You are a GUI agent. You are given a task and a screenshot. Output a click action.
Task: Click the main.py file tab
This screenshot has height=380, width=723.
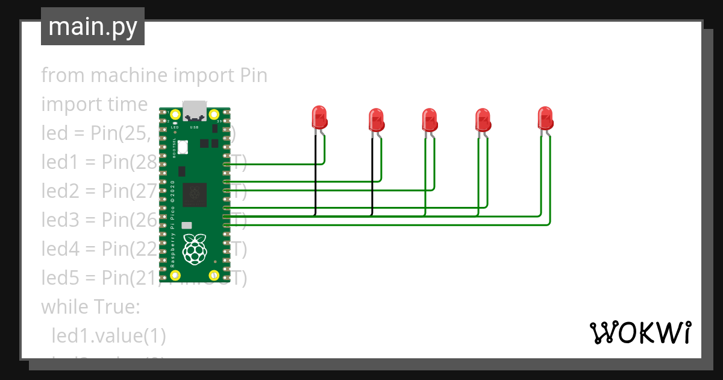(x=93, y=27)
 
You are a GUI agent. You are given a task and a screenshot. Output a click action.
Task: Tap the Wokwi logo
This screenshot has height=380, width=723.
(x=639, y=332)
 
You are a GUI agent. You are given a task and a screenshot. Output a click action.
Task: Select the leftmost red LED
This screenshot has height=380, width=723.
(x=318, y=117)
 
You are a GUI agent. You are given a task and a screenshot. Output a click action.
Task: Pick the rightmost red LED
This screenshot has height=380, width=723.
(x=545, y=118)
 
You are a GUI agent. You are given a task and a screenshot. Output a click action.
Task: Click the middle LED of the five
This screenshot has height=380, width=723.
(x=429, y=119)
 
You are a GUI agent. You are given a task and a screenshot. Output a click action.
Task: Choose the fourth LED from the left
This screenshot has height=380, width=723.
(x=483, y=119)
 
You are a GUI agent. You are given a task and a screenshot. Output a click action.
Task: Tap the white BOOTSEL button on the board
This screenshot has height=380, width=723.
(x=182, y=146)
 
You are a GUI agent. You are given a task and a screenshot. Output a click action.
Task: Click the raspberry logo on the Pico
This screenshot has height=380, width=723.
(x=195, y=250)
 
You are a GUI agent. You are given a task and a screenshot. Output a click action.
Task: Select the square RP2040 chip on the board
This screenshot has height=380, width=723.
(x=195, y=194)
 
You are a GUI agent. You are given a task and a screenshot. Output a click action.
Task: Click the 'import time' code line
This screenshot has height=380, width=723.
(x=94, y=104)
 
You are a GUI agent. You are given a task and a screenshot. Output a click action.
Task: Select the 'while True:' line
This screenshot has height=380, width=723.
(x=90, y=307)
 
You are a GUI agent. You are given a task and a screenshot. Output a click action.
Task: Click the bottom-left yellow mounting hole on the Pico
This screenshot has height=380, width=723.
(x=175, y=275)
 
